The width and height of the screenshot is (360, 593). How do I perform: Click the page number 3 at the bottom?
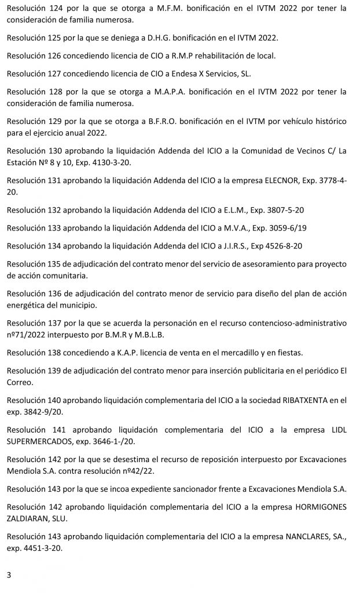[x=9, y=575]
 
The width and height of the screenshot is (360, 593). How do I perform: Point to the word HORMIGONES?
[x=321, y=507]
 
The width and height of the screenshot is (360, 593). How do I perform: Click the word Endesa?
[x=181, y=75]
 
